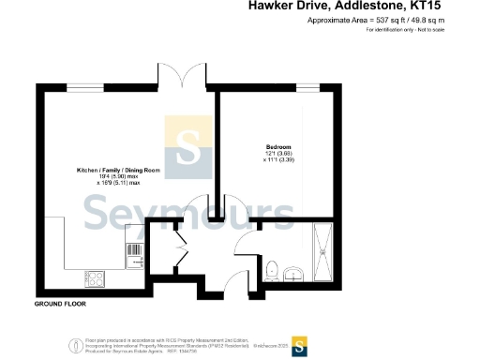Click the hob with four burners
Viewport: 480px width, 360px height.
pyautogui.click(x=96, y=277)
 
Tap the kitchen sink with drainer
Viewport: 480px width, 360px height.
pyautogui.click(x=130, y=252)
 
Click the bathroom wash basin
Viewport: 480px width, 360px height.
pyautogui.click(x=293, y=273)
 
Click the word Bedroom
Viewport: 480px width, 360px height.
pyautogui.click(x=278, y=147)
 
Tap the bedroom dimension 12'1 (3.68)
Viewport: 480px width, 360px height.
pyautogui.click(x=278, y=154)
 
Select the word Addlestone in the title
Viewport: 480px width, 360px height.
pyautogui.click(x=363, y=7)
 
